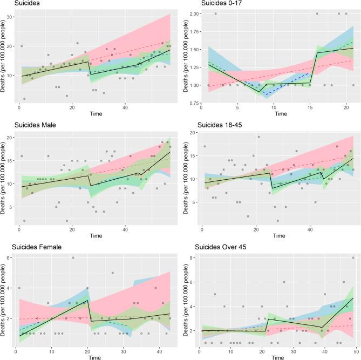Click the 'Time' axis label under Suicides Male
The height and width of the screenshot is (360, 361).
(x=96, y=236)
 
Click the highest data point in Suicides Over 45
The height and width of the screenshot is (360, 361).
(x=353, y=258)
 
